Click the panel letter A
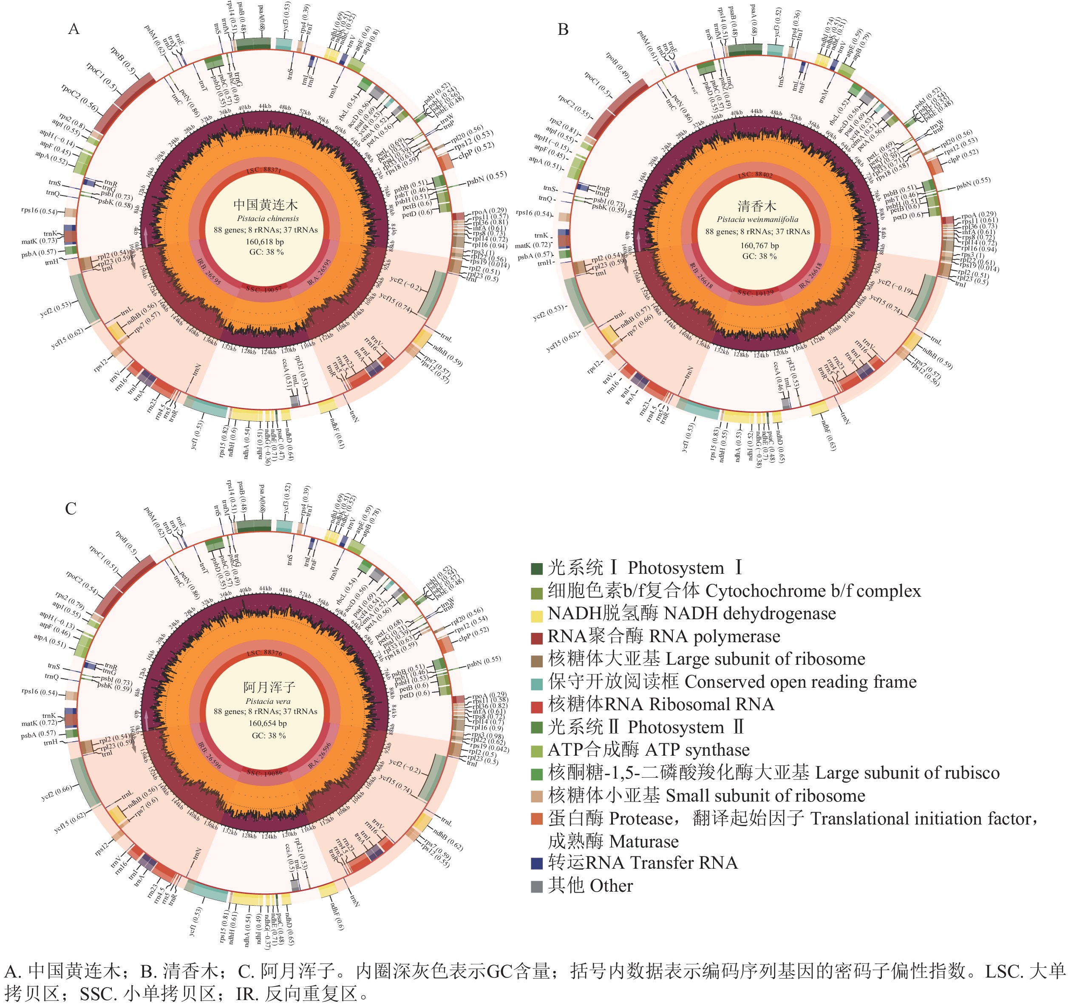point(74,29)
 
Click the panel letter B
point(563,30)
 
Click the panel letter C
point(71,509)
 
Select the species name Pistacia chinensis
point(267,218)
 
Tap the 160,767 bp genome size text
point(759,245)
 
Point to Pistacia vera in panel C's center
point(268,701)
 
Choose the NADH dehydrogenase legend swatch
point(537,614)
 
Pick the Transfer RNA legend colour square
point(537,863)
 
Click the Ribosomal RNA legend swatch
point(537,705)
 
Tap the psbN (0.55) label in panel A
point(487,177)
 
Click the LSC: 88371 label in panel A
point(264,170)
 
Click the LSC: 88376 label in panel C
point(264,653)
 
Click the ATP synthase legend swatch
point(537,751)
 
